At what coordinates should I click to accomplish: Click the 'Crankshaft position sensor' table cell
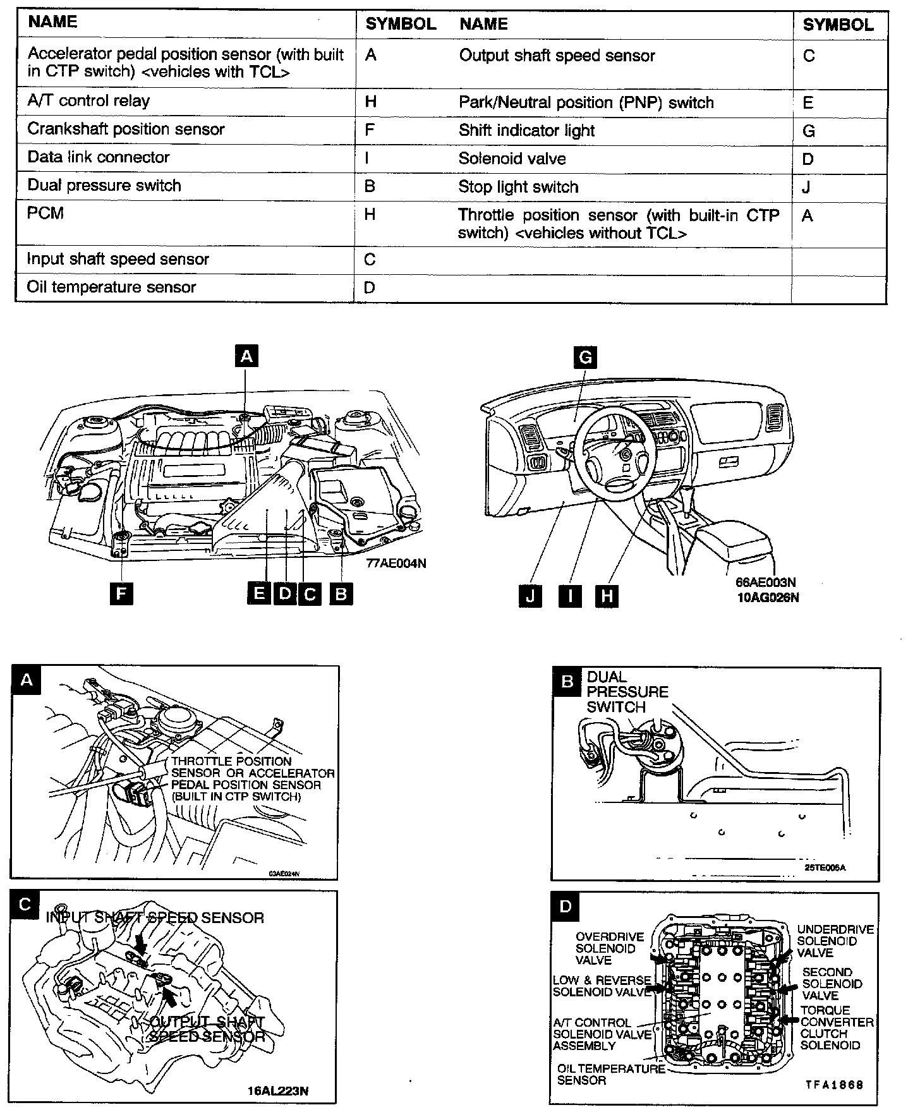(x=126, y=130)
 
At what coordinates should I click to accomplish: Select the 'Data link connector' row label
(x=99, y=157)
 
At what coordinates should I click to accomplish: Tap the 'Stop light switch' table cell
(x=518, y=187)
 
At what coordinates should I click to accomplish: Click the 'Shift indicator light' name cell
(x=526, y=131)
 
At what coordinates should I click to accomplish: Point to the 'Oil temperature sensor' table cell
(x=111, y=287)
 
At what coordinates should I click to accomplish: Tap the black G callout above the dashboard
(x=585, y=358)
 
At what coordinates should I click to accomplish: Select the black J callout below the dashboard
(x=530, y=596)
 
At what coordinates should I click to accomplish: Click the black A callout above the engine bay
(x=246, y=356)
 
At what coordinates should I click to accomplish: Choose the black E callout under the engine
(x=258, y=594)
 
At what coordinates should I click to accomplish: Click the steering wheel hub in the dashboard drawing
(x=624, y=454)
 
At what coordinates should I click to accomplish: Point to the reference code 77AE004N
(x=396, y=564)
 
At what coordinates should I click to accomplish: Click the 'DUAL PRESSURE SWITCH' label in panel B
(x=627, y=692)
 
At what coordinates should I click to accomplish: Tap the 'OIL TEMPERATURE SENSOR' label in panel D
(x=610, y=1074)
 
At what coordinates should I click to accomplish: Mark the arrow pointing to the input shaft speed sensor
(x=141, y=945)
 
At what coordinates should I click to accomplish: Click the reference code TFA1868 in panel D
(x=833, y=1084)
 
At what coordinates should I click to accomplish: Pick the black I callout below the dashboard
(x=570, y=596)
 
